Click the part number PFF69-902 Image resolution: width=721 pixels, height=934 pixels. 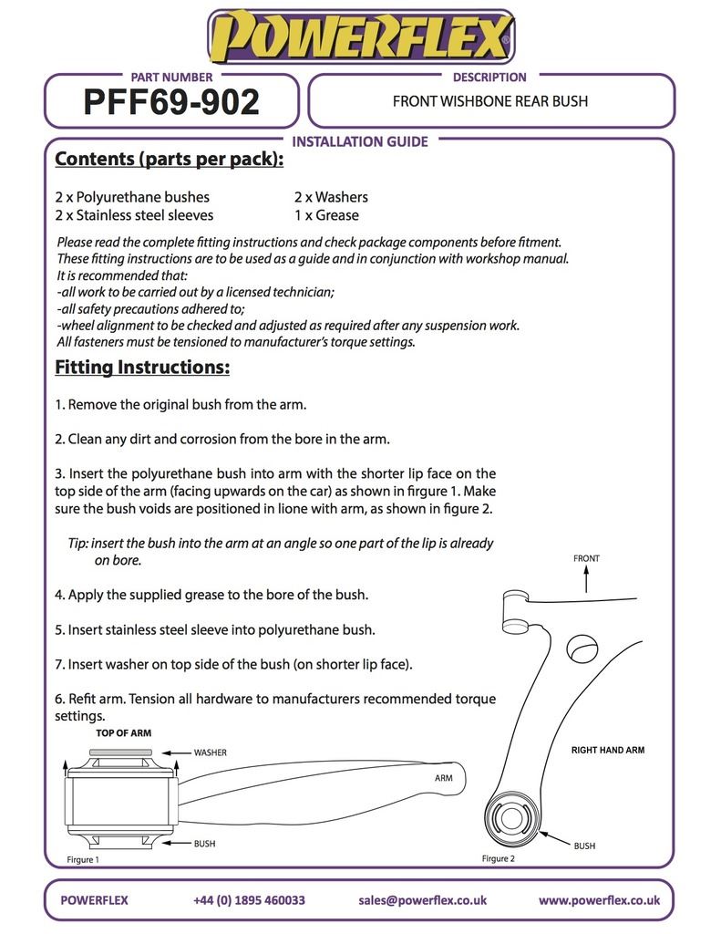171,103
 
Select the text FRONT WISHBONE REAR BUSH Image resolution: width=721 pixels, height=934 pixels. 490,101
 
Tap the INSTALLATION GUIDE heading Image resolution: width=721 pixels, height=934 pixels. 359,141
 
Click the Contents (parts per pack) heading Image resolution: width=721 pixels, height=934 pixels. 169,160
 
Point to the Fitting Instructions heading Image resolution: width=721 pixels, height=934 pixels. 142,368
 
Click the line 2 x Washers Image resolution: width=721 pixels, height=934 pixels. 331,197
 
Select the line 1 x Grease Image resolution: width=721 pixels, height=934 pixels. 326,215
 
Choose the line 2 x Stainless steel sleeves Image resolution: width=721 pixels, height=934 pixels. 134,215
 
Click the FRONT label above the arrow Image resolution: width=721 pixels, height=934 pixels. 586,558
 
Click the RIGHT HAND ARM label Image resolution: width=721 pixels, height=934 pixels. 608,750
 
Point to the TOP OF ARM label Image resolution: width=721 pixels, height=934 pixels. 124,732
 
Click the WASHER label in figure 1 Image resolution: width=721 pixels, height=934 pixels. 210,752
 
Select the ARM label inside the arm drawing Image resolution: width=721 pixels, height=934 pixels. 444,779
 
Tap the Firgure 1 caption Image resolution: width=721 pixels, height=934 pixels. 83,859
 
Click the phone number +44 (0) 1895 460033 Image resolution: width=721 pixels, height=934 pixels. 249,899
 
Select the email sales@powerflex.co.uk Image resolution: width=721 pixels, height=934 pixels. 423,899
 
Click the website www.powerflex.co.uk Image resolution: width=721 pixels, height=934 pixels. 599,899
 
